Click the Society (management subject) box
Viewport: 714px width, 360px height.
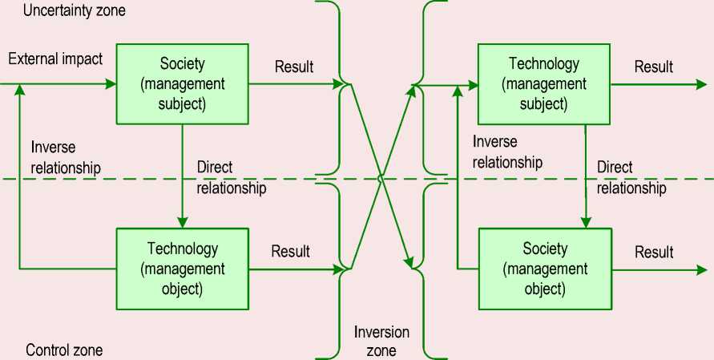click(x=183, y=83)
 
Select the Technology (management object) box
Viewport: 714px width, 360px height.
click(x=183, y=268)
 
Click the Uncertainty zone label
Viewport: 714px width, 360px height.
click(x=76, y=11)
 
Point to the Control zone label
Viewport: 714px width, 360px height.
click(x=64, y=350)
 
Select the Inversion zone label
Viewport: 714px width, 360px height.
click(x=381, y=341)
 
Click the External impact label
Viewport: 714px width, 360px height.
click(x=55, y=59)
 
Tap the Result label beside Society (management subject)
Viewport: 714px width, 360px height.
click(x=294, y=67)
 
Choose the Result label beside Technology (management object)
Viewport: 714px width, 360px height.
click(x=291, y=251)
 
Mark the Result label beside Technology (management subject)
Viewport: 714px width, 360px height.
click(x=654, y=67)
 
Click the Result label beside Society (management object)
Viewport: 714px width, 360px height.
click(x=654, y=253)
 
